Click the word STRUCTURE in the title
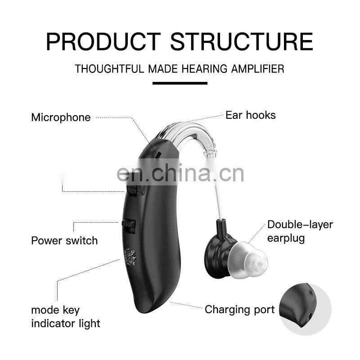(x=241, y=41)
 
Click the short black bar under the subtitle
(x=180, y=83)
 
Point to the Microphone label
(x=61, y=117)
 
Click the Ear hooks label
(x=251, y=115)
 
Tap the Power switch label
(x=64, y=240)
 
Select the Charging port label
(x=239, y=310)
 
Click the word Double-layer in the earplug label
(x=300, y=225)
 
